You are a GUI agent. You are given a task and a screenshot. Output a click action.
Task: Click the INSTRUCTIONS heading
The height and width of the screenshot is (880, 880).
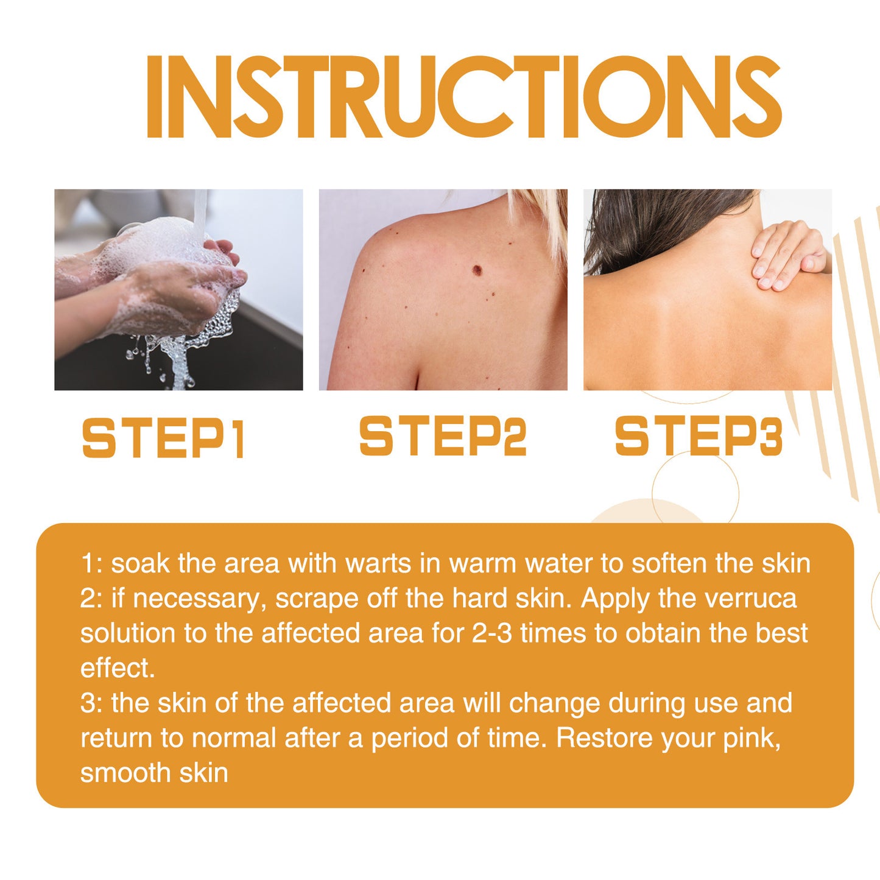463,97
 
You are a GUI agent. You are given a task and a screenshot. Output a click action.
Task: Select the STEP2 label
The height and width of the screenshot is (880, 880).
443,436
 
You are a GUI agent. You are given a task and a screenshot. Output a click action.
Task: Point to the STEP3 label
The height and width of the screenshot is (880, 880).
699,436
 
